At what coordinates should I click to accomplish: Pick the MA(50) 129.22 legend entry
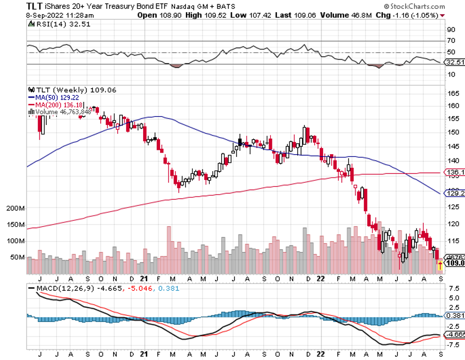(x=50, y=97)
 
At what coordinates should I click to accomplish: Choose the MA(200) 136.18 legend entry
(x=52, y=105)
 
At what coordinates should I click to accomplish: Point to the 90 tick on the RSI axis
(x=451, y=29)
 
